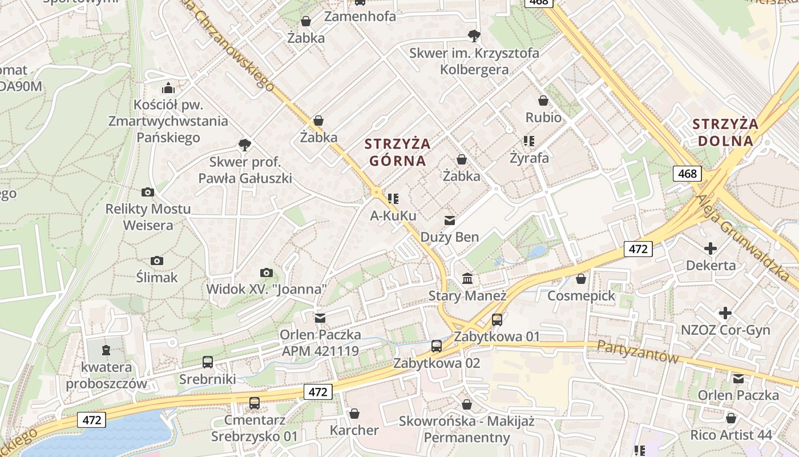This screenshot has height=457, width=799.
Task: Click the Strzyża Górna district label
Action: click(x=397, y=151)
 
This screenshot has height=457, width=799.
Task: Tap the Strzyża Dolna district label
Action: click(x=725, y=132)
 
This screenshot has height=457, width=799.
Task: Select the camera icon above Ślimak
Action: click(x=157, y=261)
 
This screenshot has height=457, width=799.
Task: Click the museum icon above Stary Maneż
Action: click(x=467, y=279)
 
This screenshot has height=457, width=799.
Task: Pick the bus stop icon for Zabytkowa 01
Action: click(x=497, y=319)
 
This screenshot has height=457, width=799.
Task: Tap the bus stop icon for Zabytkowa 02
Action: click(x=437, y=346)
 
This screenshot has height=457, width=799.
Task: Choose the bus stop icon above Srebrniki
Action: click(x=208, y=362)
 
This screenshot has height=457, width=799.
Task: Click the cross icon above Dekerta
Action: click(x=711, y=248)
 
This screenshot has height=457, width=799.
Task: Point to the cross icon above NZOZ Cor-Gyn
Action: click(x=725, y=313)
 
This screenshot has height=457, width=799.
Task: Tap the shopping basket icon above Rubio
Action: click(x=543, y=101)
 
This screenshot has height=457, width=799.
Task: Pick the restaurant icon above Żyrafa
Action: click(x=528, y=141)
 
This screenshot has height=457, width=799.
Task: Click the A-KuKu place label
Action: click(x=393, y=216)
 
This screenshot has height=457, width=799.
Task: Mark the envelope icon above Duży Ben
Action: click(x=450, y=220)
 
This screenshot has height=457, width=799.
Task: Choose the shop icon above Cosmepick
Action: click(x=581, y=279)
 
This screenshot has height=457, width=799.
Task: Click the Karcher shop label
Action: click(x=354, y=430)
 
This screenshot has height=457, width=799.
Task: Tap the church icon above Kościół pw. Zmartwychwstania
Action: click(x=168, y=88)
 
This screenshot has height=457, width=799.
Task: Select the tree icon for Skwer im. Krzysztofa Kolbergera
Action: click(x=474, y=36)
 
